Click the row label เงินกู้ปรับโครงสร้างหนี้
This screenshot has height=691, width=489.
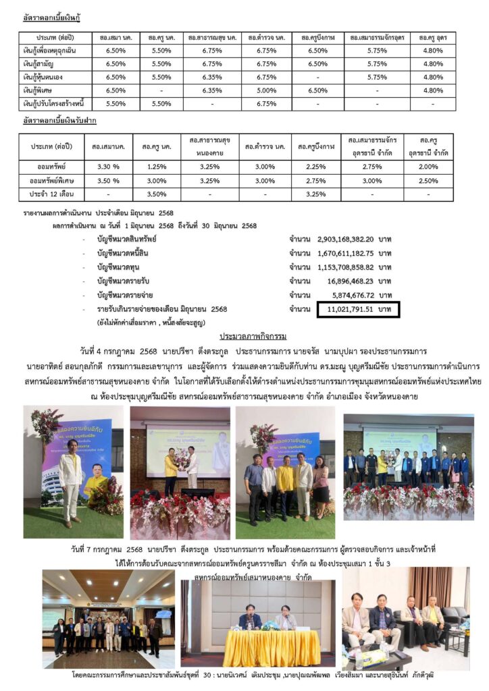click(56, 104)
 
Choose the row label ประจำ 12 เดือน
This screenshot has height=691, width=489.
click(51, 194)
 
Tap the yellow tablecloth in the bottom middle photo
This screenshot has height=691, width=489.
click(261, 646)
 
